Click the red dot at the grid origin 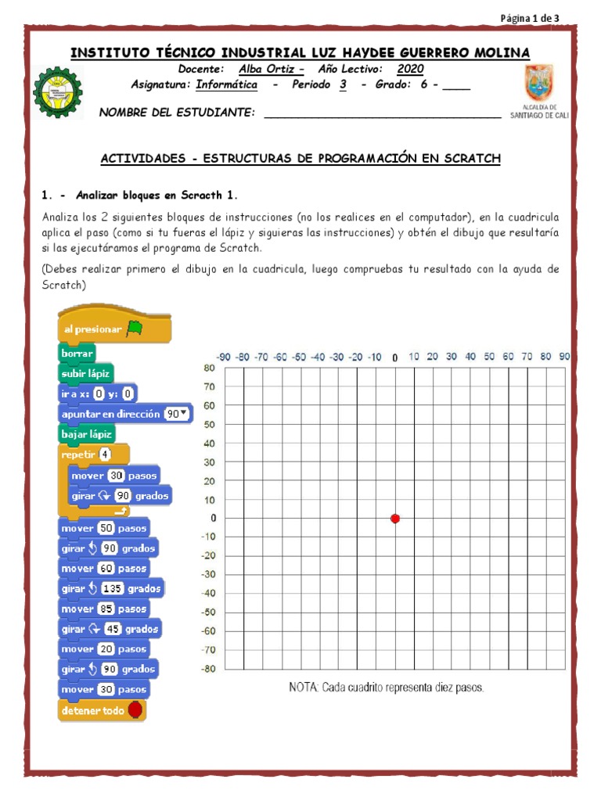tap(395, 519)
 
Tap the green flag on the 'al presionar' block tap(135, 329)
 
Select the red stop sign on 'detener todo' tap(135, 709)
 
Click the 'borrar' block tap(77, 353)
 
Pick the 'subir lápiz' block tap(86, 373)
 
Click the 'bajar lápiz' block tap(88, 433)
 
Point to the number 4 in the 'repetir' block tap(106, 454)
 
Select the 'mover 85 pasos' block tap(104, 609)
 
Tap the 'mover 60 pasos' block tap(104, 568)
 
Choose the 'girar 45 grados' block tap(110, 629)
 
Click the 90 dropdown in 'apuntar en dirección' tap(177, 414)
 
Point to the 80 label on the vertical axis tap(209, 368)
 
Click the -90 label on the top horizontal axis tap(223, 357)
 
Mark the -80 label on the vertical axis tap(207, 669)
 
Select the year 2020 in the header tap(410, 69)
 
